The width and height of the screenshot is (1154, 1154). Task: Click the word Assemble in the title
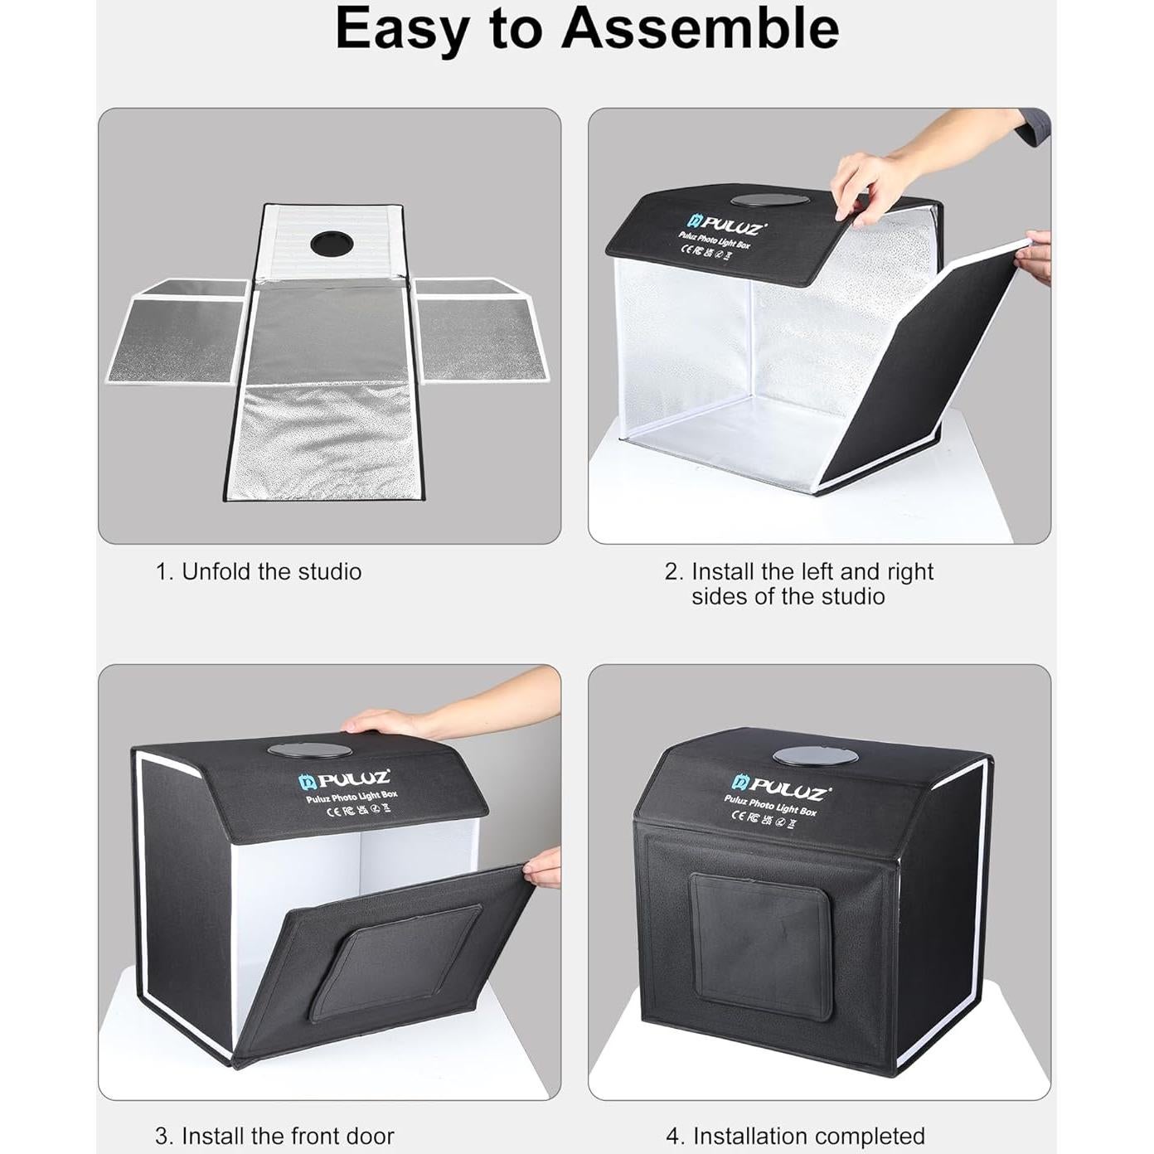700,28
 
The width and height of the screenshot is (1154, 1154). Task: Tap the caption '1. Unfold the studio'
259,572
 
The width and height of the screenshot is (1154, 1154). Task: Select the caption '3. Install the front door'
274,1135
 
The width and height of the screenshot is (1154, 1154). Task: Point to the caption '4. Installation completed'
795,1135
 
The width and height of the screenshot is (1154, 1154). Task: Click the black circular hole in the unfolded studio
332,244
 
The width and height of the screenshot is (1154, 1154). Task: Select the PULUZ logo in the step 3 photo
344,779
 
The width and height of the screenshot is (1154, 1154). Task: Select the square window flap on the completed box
761,945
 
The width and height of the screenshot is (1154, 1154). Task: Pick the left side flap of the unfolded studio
179,332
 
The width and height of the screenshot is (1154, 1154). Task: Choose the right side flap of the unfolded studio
481,332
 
